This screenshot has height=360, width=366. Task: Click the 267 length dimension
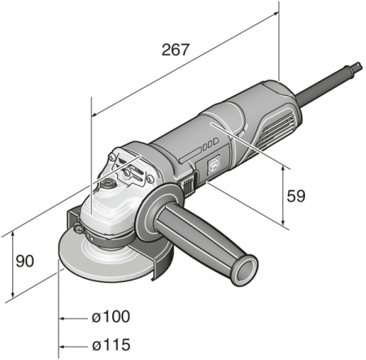pos(174,50)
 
